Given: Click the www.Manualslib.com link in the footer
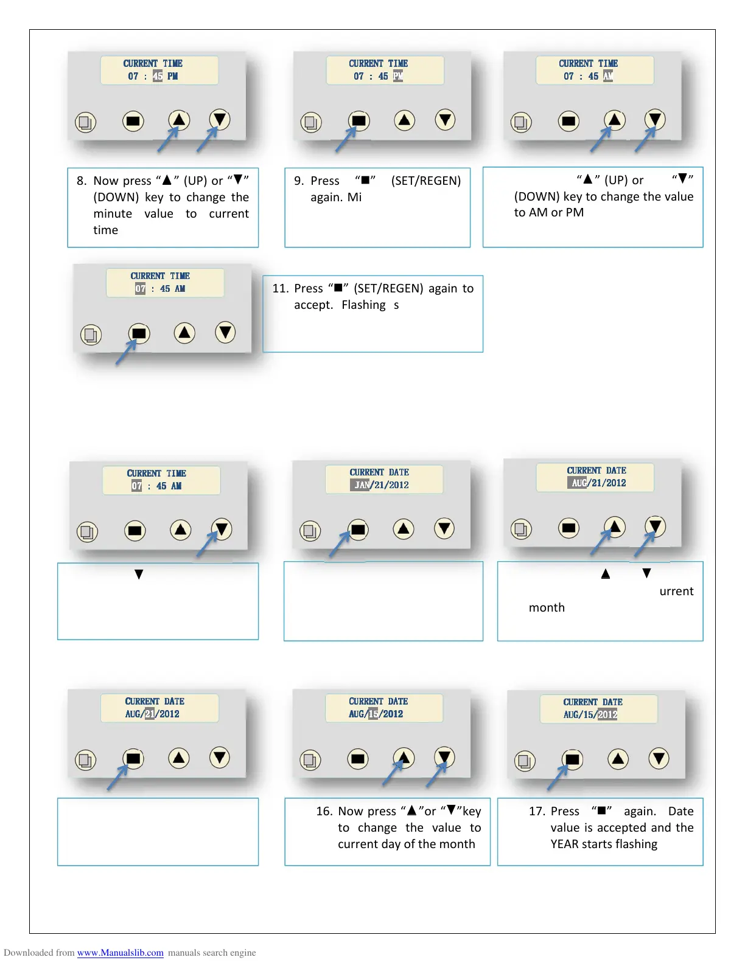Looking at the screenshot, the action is (120, 953).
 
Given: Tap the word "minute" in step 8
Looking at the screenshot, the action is (113, 214).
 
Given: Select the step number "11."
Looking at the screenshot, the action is (280, 289).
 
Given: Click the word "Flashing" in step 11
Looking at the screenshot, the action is (363, 305).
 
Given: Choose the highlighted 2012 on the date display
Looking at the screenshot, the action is (607, 715).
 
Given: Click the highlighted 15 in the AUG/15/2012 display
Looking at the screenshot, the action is (373, 714).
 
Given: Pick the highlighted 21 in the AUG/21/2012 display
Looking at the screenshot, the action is (150, 714).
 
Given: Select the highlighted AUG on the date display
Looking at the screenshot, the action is (579, 483).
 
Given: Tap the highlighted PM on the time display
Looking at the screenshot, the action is (398, 77).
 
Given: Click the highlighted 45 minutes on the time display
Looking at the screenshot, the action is (158, 77).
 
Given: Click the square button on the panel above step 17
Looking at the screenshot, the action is (572, 759).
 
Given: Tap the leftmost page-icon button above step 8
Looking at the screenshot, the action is (85, 122).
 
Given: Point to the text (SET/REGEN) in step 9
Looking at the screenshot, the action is (426, 181).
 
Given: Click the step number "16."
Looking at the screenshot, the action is (324, 812).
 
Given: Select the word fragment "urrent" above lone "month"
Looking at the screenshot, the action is (676, 592).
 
